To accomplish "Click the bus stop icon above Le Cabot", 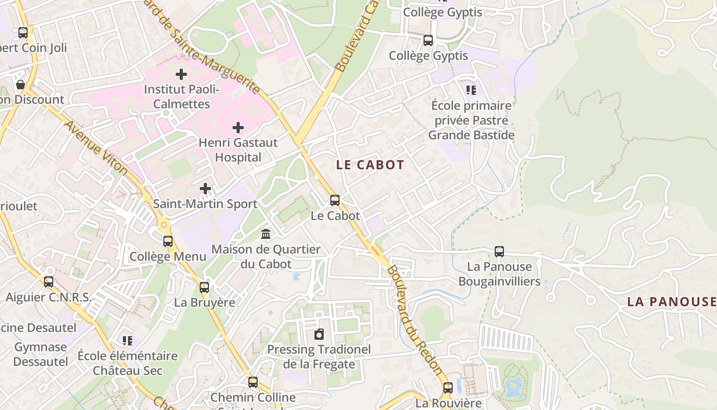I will click(335, 200).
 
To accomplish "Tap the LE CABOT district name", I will click(370, 165).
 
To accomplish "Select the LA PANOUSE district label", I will click(671, 302).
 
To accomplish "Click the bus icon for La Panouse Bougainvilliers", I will click(499, 252).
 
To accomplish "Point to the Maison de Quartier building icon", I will click(266, 234).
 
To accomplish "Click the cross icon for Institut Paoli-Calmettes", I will click(181, 74).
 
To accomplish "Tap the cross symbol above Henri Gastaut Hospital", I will click(238, 127).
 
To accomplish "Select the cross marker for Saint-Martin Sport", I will click(205, 189).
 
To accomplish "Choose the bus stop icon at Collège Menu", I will click(168, 241).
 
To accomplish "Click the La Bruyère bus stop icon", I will click(204, 288).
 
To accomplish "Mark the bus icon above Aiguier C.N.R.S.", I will click(49, 282).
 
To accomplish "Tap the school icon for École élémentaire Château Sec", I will click(128, 341).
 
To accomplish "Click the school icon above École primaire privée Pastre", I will click(471, 91).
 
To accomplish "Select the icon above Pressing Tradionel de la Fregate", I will click(319, 335).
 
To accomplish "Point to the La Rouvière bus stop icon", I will click(448, 388).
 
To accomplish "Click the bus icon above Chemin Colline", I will click(253, 382).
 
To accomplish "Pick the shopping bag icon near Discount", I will click(20, 85).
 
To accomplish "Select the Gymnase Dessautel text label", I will click(40, 354).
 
